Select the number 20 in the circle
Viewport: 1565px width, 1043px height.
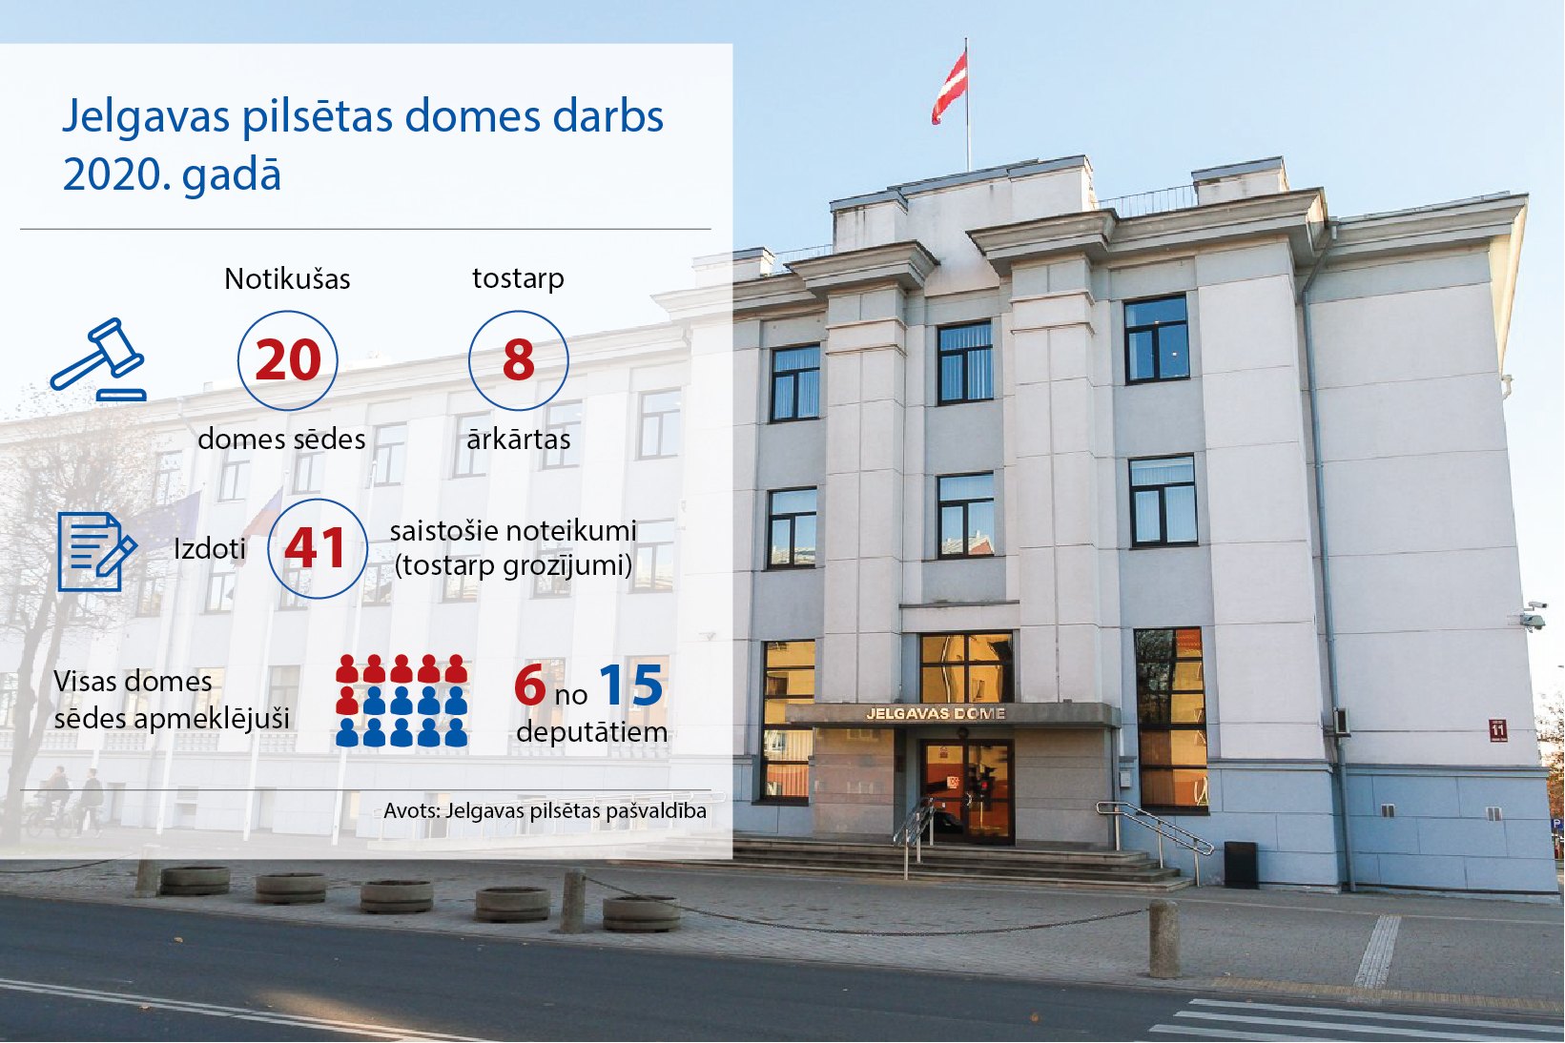pyautogui.click(x=288, y=360)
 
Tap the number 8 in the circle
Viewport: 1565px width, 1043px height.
pyautogui.click(x=519, y=360)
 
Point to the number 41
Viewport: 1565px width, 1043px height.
pyautogui.click(x=315, y=548)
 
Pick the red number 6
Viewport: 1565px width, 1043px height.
pyautogui.click(x=529, y=685)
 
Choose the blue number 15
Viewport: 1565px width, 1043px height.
pyautogui.click(x=631, y=685)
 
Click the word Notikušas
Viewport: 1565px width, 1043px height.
pyautogui.click(x=287, y=278)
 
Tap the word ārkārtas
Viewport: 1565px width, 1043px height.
pyautogui.click(x=519, y=440)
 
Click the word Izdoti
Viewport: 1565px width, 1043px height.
pyautogui.click(x=210, y=549)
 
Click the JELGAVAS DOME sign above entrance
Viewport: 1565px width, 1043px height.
pyautogui.click(x=936, y=713)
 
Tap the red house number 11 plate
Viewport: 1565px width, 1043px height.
pyautogui.click(x=1498, y=730)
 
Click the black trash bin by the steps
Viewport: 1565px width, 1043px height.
pyautogui.click(x=1240, y=865)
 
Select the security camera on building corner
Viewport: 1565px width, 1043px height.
pyautogui.click(x=1533, y=616)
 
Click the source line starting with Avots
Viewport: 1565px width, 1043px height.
pyautogui.click(x=545, y=811)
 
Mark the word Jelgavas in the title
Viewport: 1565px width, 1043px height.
pyautogui.click(x=146, y=116)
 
